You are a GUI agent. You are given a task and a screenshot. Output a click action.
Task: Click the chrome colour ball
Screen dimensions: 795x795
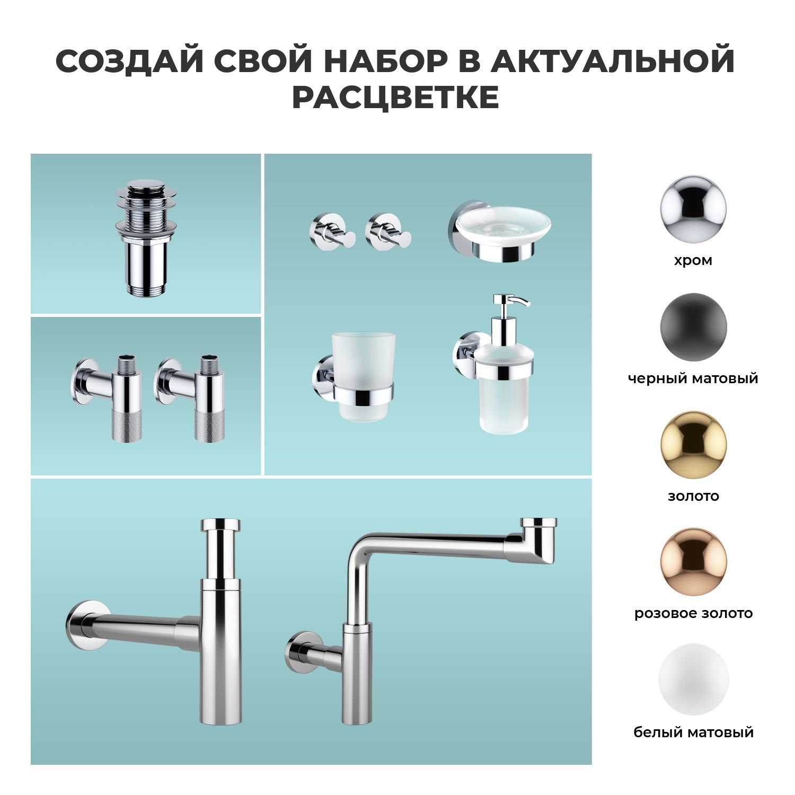coord(693,210)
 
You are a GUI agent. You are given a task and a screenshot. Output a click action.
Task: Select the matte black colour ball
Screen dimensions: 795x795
coord(693,327)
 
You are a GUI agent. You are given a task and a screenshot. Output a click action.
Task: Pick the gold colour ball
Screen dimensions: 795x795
coord(693,445)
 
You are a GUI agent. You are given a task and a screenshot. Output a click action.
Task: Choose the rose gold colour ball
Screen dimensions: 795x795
coord(693,562)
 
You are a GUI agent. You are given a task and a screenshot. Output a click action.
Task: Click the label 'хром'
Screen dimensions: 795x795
coord(693,261)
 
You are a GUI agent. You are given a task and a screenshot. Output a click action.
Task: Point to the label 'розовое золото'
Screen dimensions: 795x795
coord(693,613)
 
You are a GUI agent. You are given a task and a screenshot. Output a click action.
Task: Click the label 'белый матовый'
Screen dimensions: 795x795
coord(693,732)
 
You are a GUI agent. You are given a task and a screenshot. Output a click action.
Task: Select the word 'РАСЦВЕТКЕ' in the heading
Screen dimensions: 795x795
coord(395,97)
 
